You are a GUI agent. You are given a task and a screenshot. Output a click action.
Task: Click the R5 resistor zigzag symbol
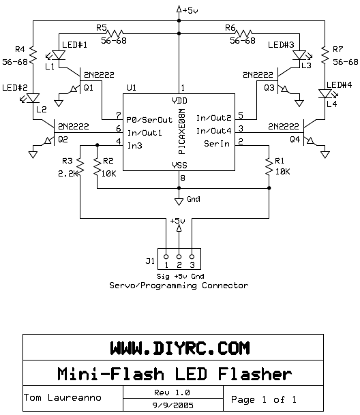tap(115, 33)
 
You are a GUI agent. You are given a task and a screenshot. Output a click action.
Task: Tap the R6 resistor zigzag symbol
tap(243, 33)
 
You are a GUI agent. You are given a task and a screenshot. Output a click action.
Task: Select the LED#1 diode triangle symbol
tap(58, 55)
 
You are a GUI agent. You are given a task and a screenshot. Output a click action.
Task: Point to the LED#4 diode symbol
tap(325, 93)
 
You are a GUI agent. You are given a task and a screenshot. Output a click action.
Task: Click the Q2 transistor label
tap(63, 139)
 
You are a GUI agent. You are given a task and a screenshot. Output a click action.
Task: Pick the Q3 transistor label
tap(269, 87)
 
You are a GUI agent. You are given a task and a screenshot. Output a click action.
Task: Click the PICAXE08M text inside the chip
tap(182, 132)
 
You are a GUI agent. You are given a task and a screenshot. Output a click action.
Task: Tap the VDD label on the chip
tap(179, 101)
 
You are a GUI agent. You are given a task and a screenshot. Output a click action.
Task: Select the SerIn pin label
tap(216, 144)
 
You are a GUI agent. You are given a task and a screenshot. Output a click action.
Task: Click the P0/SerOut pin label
tap(149, 120)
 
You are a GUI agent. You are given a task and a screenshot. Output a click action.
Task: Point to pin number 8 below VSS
tap(183, 178)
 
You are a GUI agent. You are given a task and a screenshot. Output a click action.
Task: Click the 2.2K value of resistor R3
tap(68, 174)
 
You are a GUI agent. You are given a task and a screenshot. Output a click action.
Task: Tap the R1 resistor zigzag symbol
tap(269, 166)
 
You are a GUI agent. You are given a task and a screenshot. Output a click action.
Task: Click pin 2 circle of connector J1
tap(179, 256)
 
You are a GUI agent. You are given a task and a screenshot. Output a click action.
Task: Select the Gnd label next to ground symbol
tap(194, 199)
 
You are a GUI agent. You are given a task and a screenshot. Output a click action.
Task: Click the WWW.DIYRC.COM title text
tap(180, 348)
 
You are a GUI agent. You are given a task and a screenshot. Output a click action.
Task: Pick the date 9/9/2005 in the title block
tap(172, 405)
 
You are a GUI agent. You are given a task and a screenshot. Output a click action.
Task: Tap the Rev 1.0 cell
tap(173, 392)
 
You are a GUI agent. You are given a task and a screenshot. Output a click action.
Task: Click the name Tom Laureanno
tap(63, 397)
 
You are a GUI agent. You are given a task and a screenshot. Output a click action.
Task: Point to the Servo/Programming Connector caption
tap(179, 286)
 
